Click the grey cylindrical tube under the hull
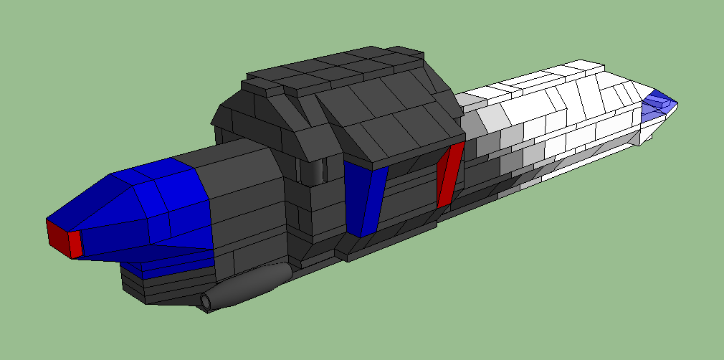pos(251,284)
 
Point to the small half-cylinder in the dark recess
pos(313,170)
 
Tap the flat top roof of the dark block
pos(337,68)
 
